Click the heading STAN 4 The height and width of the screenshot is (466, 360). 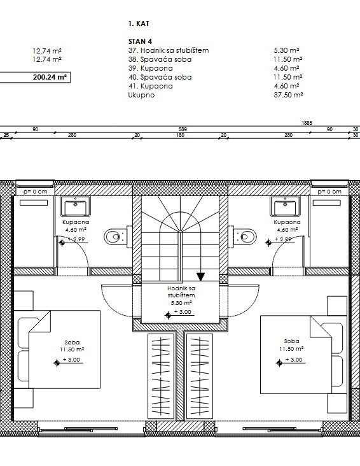(x=140, y=41)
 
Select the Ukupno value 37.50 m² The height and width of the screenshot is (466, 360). (x=288, y=95)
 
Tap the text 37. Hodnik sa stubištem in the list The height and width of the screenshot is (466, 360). (x=169, y=50)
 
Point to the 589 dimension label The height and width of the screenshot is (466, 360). (x=183, y=129)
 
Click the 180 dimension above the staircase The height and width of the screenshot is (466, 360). (x=180, y=135)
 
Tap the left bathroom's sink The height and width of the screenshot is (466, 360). (x=76, y=206)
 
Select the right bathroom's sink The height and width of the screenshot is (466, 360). (x=285, y=206)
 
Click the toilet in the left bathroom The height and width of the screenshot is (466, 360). (x=116, y=237)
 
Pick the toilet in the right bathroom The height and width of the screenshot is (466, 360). (x=244, y=237)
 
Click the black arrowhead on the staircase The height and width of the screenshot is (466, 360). (x=201, y=277)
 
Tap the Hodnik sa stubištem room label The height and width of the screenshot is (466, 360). (x=181, y=295)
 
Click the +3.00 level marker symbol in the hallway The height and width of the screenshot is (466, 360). (x=168, y=315)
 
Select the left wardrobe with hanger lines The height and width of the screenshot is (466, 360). (x=161, y=376)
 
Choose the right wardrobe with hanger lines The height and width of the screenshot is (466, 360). (x=199, y=376)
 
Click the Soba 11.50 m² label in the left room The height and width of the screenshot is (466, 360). (x=72, y=346)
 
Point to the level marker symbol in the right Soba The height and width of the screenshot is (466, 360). (x=279, y=363)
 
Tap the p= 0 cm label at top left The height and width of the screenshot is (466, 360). (x=36, y=192)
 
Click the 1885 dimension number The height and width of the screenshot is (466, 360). (x=307, y=123)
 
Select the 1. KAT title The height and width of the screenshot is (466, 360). (x=139, y=24)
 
